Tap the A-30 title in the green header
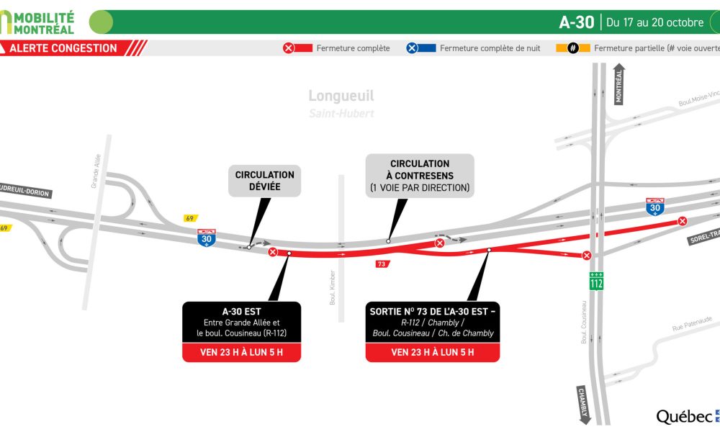[576, 22]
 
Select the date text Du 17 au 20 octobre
[654, 22]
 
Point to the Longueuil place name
[341, 96]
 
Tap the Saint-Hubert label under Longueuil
[341, 113]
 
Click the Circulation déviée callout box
[265, 181]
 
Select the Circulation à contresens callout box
[420, 176]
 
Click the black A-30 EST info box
[240, 323]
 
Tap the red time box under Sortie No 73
[432, 352]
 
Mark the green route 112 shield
[596, 282]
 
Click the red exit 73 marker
[382, 264]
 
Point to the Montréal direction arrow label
[619, 84]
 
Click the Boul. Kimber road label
[333, 287]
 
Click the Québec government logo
[686, 416]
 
